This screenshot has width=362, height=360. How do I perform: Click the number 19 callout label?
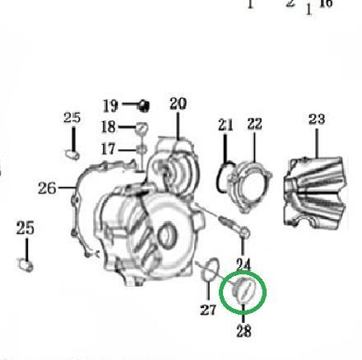point(110,105)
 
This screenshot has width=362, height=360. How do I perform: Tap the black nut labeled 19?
point(143,105)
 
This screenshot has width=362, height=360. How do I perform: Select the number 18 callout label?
point(109,127)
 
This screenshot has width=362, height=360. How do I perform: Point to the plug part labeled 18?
point(142,129)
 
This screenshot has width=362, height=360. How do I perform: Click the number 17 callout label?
point(109,149)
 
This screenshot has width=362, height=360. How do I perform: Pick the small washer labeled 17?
point(142,150)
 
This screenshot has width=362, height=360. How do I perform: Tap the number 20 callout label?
point(178,104)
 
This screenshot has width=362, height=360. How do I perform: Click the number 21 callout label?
point(225,124)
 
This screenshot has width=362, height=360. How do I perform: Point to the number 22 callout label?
point(254,124)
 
